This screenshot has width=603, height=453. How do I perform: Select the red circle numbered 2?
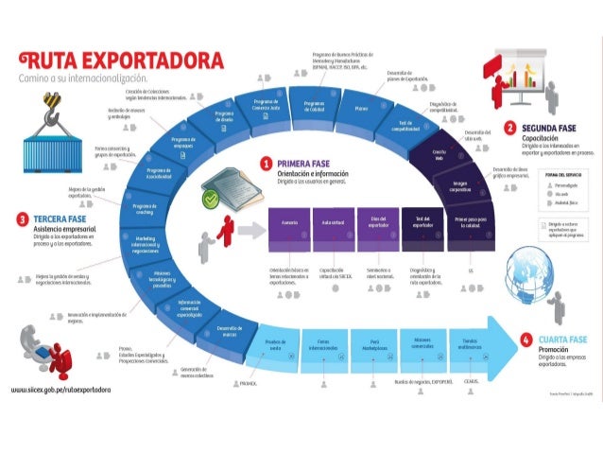pos(509,128)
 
